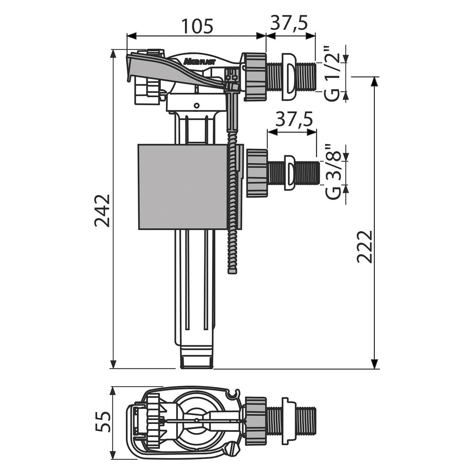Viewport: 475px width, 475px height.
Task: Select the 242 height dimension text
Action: [x=102, y=210]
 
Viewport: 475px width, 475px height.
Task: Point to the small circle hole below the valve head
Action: [x=196, y=105]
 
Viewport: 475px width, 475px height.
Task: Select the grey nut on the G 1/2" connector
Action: [x=256, y=77]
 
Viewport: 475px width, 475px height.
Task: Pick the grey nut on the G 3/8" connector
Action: [x=257, y=173]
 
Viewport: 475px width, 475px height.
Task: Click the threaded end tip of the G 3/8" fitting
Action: [x=318, y=173]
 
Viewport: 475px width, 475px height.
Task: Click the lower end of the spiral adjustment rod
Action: [x=232, y=271]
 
